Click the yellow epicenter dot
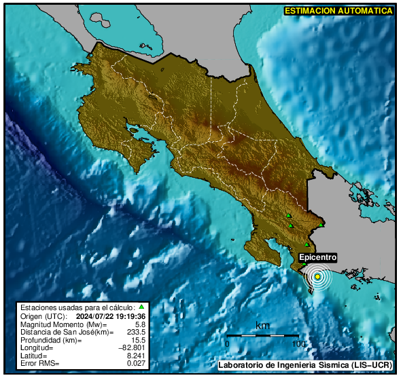pyautogui.click(x=317, y=277)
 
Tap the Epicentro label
pyautogui.click(x=318, y=258)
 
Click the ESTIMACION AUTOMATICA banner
pyautogui.click(x=338, y=10)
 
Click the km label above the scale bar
pyautogui.click(x=262, y=326)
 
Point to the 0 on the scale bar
pyautogui.click(x=227, y=344)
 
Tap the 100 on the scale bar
pyautogui.click(x=297, y=344)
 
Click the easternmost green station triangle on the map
pyautogui.click(x=321, y=225)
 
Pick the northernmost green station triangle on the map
pyautogui.click(x=289, y=216)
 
